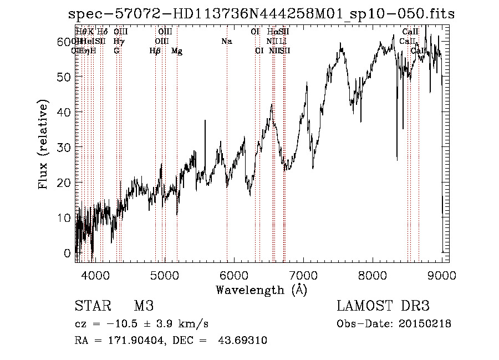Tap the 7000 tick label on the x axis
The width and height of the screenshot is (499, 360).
point(303,274)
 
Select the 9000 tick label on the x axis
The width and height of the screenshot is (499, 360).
point(442,274)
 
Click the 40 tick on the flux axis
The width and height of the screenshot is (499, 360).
point(76,112)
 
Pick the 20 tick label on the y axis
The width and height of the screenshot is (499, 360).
point(64,182)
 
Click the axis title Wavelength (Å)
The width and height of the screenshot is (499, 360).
point(261,290)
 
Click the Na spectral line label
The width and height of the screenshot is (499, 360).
point(226,42)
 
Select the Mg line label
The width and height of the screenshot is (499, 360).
point(177,51)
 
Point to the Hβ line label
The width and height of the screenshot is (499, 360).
point(155,51)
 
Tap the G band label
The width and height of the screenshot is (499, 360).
point(116,51)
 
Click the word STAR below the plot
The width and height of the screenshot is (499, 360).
point(91,306)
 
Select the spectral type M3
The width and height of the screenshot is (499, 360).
point(144,306)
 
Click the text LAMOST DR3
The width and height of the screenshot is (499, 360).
point(383,306)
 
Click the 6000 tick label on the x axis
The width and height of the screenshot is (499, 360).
point(234,274)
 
